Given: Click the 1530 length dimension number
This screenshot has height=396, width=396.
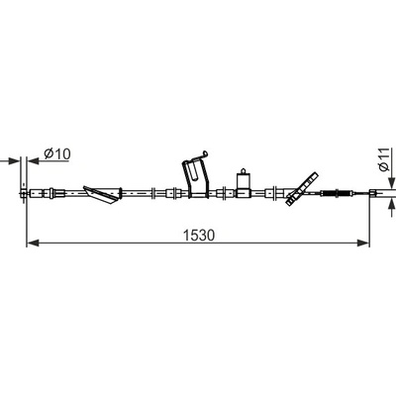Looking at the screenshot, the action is point(199,235).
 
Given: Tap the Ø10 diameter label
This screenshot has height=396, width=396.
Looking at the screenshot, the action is point(57,153).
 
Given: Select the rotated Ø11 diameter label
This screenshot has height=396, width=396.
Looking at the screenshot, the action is point(384,159).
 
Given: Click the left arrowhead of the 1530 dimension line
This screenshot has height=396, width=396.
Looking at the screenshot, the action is point(33,244).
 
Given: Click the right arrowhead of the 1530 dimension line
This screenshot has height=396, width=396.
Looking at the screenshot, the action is point(362,244).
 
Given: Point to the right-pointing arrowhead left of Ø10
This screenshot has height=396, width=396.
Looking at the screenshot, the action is point(14,161).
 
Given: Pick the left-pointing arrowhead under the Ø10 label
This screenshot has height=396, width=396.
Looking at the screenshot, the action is point(34,161).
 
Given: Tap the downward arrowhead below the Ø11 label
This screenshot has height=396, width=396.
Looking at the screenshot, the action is point(392,182).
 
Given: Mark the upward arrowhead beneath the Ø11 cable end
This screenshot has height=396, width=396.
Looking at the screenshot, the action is point(392,204).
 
